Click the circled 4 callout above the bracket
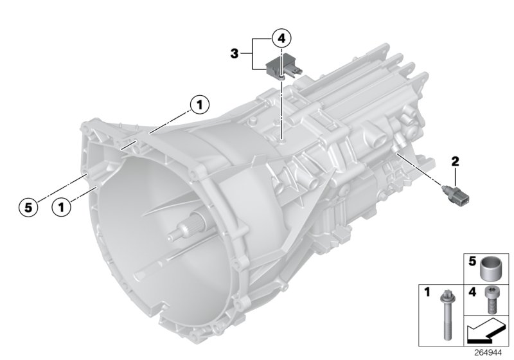click(x=281, y=38)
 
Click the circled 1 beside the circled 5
click(x=62, y=207)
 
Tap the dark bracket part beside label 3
click(x=277, y=66)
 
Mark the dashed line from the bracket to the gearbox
click(x=281, y=109)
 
